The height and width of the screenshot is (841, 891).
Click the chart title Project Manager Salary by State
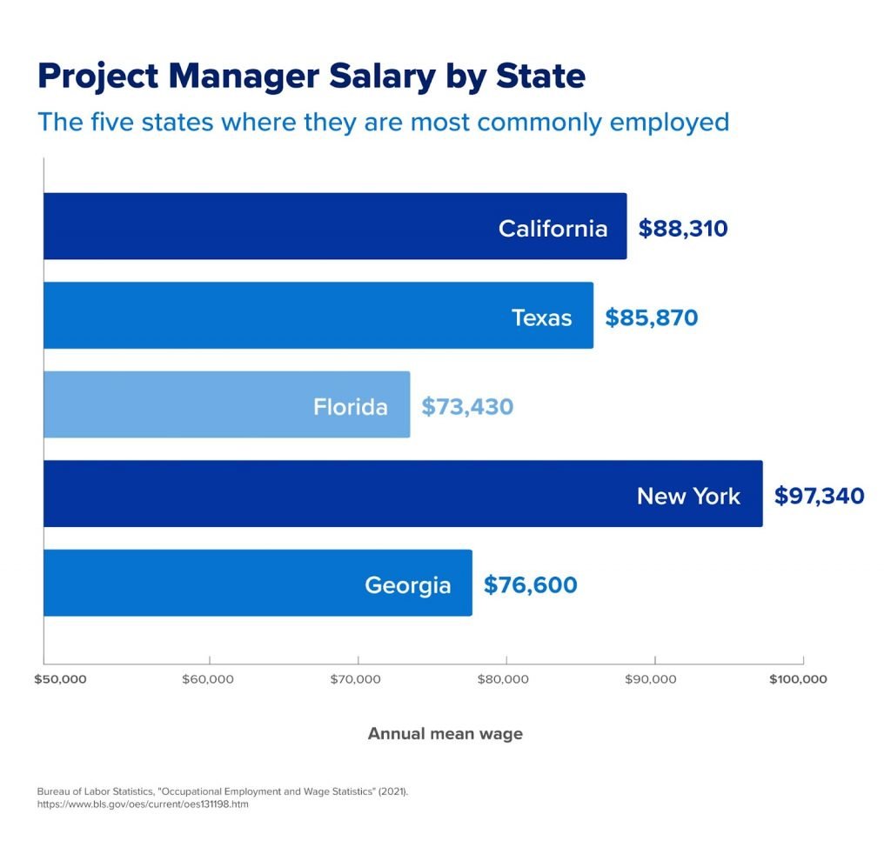[312, 77]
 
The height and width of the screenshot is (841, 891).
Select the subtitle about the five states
[383, 121]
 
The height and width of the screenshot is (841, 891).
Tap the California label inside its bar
[553, 228]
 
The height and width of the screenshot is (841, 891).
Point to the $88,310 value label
[683, 228]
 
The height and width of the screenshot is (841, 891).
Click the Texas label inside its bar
[541, 317]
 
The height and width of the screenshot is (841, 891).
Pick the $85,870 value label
[652, 317]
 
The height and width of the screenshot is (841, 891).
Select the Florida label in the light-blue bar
[351, 406]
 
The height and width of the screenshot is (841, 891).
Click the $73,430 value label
[467, 406]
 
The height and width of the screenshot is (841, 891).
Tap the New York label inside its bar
[688, 496]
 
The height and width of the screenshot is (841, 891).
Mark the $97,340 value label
[819, 496]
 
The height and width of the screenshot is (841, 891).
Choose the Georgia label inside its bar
[407, 585]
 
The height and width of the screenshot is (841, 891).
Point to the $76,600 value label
[530, 585]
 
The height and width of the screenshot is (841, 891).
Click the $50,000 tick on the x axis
[60, 679]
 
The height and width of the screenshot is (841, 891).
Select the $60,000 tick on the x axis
[208, 679]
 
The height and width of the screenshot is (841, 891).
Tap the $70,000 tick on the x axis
[356, 679]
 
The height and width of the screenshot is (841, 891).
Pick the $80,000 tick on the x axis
[504, 679]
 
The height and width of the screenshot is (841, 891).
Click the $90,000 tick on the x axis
[652, 679]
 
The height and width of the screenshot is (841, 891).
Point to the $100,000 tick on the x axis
[798, 679]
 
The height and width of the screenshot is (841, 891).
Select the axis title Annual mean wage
[445, 734]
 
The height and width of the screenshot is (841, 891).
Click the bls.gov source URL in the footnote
[143, 804]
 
